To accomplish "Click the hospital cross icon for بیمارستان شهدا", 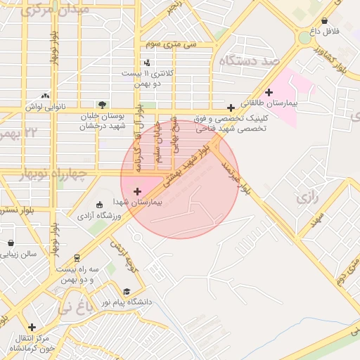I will point(137,191).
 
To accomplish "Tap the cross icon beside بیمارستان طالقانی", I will point(269,92).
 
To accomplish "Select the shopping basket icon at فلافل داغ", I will point(324,21).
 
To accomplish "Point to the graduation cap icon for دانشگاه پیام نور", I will point(127,291).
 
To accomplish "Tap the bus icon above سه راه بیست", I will point(77,258).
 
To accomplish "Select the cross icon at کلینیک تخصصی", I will point(231,108).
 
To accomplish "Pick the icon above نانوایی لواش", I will point(46,96).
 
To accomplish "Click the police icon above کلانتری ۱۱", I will point(146,63).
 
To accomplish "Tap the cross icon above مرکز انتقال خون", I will point(32,327).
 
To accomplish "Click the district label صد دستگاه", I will point(250,61).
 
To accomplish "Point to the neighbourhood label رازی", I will point(308,198).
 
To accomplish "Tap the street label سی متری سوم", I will point(171,44).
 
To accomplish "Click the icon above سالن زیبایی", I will point(10,243).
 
